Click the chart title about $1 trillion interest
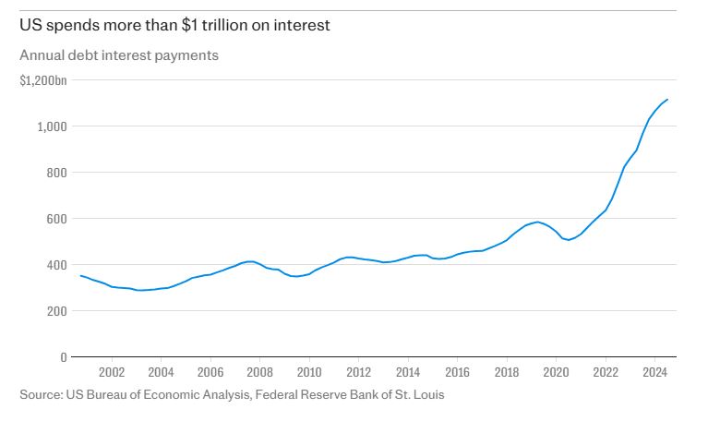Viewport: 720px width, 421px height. [175, 25]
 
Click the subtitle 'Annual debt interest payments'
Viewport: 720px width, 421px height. [119, 55]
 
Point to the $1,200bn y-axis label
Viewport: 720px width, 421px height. [43, 81]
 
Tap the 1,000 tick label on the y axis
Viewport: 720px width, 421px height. [53, 126]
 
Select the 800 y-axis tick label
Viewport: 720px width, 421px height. [57, 173]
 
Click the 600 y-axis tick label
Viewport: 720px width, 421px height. [57, 219]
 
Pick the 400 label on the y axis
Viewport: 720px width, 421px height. [57, 265]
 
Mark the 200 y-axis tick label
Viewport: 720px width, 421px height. [57, 311]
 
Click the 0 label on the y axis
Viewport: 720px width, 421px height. [64, 357]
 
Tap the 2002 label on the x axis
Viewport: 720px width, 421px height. [112, 374]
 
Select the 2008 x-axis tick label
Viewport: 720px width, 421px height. [259, 374]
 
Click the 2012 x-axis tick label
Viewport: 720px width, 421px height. [358, 374]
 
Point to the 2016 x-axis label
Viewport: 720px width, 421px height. [457, 374]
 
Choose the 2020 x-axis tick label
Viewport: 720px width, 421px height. [556, 374]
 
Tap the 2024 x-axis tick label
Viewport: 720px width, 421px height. [654, 374]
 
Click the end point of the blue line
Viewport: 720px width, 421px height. [667, 100]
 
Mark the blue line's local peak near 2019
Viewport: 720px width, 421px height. [537, 222]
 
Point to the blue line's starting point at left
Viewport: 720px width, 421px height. [80, 275]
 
